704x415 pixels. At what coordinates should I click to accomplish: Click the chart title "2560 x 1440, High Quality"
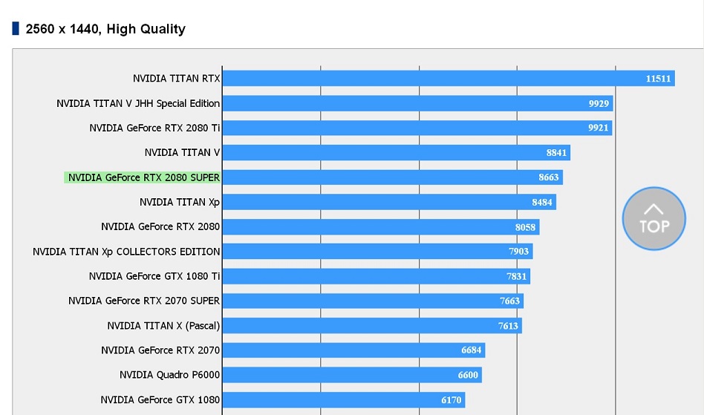point(105,30)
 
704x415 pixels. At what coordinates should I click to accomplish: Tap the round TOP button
point(654,218)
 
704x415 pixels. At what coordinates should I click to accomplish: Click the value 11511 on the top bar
point(658,79)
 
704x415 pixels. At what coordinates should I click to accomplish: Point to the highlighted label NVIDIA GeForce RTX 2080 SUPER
point(143,177)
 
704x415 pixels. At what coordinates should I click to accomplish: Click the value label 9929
point(599,103)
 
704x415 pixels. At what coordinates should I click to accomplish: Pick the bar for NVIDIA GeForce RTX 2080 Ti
point(417,128)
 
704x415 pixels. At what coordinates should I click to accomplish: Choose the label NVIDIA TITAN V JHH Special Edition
point(138,103)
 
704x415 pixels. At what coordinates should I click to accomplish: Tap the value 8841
point(556,152)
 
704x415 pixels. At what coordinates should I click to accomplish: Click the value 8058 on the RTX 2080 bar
point(525,226)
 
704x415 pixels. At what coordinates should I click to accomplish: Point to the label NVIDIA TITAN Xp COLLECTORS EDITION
point(126,252)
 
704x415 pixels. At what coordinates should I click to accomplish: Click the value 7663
point(509,301)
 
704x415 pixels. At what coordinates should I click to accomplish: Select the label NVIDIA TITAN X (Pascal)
point(163,325)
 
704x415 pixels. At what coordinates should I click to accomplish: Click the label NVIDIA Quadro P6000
point(169,375)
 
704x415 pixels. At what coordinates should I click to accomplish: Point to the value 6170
point(452,400)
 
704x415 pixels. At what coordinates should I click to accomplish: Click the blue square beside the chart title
point(16,29)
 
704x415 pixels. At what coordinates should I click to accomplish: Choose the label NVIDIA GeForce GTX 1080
point(160,399)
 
